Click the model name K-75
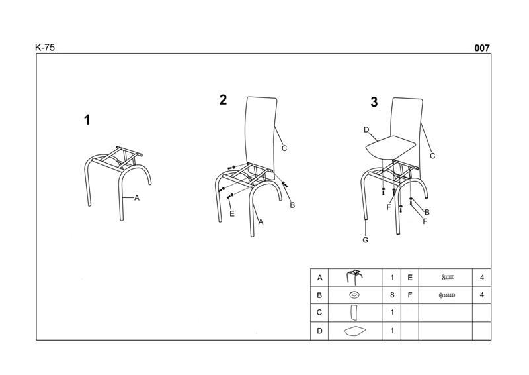click(x=45, y=48)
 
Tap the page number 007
click(x=482, y=48)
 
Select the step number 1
click(x=87, y=120)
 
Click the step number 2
click(x=223, y=100)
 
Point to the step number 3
click(x=374, y=102)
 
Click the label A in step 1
click(x=137, y=198)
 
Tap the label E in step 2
click(x=232, y=214)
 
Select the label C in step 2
click(x=284, y=148)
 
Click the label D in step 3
click(x=367, y=130)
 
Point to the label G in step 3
click(x=366, y=240)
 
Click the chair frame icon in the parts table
click(x=354, y=277)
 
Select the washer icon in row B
click(x=354, y=295)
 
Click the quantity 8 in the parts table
click(x=392, y=295)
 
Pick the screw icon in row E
click(x=448, y=278)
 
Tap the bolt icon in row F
click(x=447, y=295)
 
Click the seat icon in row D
click(x=354, y=331)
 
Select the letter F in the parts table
click(x=410, y=295)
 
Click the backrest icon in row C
click(x=354, y=313)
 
